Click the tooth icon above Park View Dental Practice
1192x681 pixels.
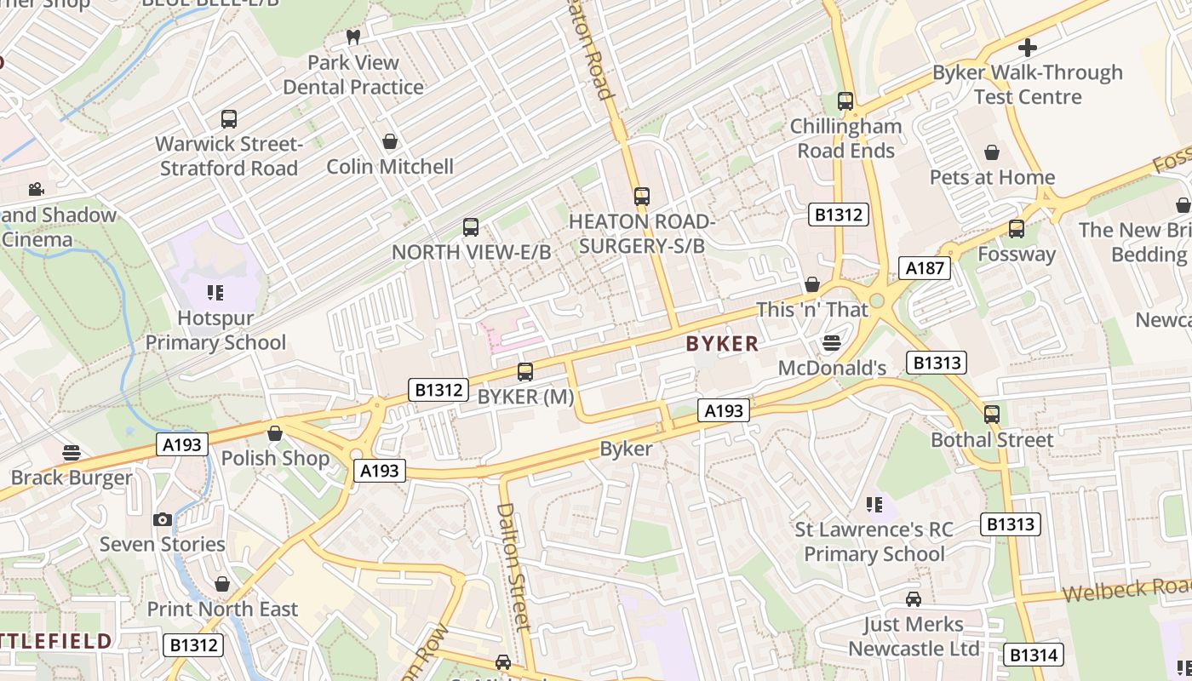(353, 37)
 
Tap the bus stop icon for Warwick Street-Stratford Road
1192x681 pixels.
(229, 119)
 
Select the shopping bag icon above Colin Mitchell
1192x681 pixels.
(390, 141)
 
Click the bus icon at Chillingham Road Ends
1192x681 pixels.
(845, 101)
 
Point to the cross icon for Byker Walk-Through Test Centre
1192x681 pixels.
(1028, 48)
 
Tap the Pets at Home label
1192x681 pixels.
(992, 177)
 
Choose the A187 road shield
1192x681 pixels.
(924, 268)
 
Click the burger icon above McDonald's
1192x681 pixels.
(832, 343)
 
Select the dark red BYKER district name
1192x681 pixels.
(722, 344)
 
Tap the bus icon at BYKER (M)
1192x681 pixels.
(525, 372)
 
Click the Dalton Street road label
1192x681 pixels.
(513, 566)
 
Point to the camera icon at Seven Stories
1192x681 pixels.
(163, 519)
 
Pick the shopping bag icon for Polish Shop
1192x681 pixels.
(275, 433)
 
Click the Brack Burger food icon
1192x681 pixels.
(72, 453)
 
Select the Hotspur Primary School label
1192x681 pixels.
(215, 330)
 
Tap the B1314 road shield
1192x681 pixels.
(1033, 655)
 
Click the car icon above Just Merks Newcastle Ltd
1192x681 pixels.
(914, 599)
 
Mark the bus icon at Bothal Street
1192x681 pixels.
(992, 415)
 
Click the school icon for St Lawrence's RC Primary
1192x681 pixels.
(874, 505)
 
